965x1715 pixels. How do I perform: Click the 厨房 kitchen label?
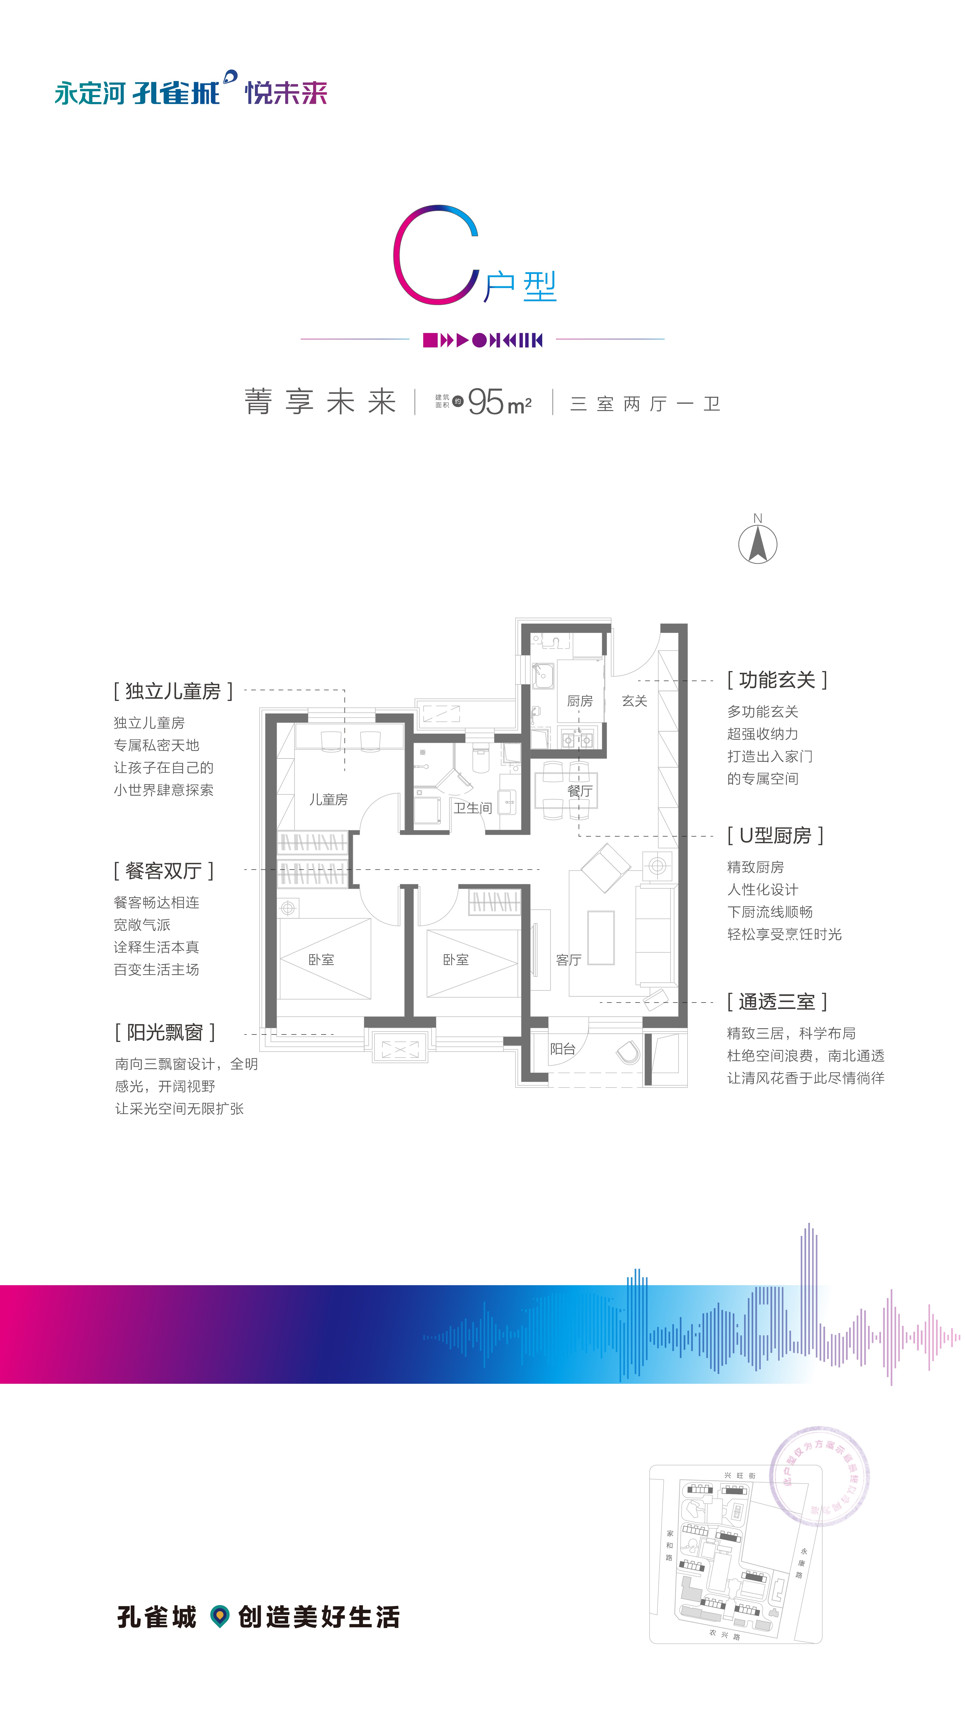(x=579, y=701)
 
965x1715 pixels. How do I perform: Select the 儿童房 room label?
(x=328, y=800)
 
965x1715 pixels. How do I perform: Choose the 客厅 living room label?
(x=569, y=960)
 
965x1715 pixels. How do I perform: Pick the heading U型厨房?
(x=775, y=836)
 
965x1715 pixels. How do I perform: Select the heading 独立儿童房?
(x=173, y=691)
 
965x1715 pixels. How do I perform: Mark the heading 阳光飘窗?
(x=165, y=1033)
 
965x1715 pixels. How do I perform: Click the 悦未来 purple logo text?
(x=286, y=93)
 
